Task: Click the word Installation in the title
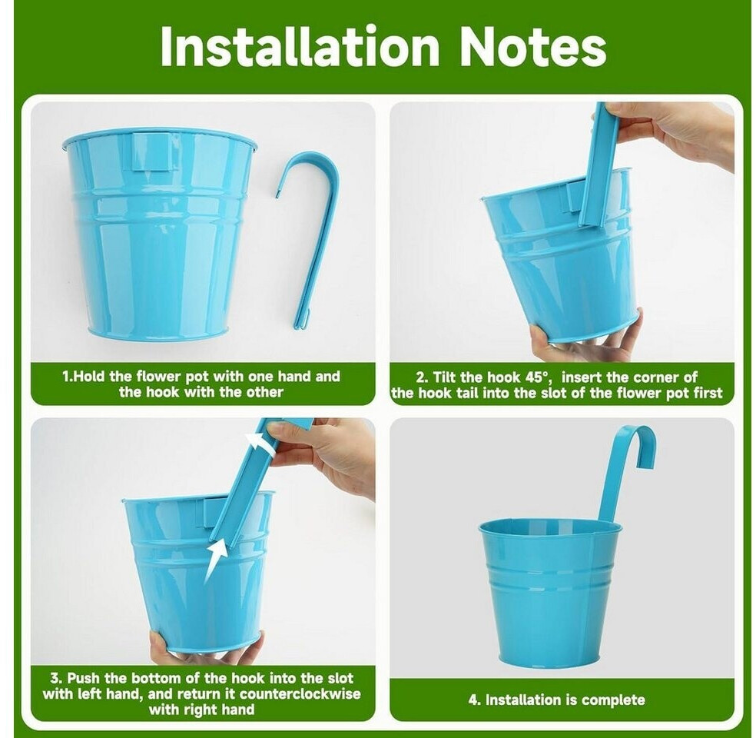[299, 46]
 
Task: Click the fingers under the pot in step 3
[207, 649]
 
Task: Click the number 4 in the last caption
[473, 700]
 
